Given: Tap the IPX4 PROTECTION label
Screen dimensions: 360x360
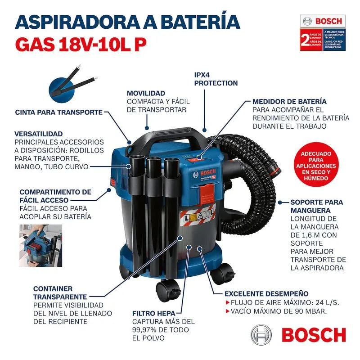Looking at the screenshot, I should coord(216,79).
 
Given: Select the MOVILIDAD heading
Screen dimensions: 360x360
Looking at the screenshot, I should coord(145,93).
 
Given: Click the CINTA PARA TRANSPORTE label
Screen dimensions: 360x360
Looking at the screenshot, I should coord(59,112).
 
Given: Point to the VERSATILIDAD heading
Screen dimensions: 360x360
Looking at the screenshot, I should coord(45,134).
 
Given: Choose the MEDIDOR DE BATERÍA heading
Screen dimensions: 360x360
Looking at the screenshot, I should coord(289,101).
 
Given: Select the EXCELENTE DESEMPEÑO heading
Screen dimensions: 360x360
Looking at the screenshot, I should coord(266,293).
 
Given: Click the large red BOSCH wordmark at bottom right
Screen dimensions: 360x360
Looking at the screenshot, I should coord(314,335).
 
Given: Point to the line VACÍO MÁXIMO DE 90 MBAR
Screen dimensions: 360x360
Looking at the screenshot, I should coord(278,311).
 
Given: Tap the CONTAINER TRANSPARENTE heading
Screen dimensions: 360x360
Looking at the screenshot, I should coord(60,292).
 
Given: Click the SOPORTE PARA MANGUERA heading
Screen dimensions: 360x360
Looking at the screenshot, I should coord(316,206).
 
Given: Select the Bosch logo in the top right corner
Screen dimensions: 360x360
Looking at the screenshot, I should coord(322,21).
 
